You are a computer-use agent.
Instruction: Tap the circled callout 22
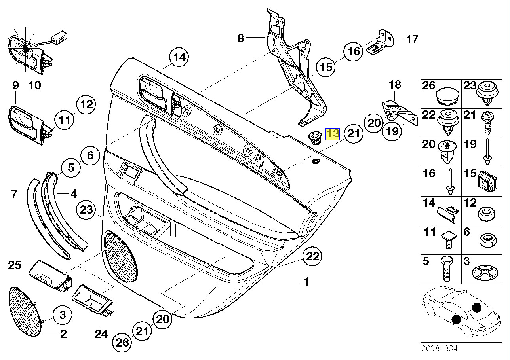313,257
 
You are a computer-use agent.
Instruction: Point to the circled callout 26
122,342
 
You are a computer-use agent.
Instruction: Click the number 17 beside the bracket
412,39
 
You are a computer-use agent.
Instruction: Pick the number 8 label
241,38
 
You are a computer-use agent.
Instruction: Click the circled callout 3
63,315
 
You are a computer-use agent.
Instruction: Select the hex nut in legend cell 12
487,214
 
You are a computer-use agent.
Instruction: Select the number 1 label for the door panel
306,282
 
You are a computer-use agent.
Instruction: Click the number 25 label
15,265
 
